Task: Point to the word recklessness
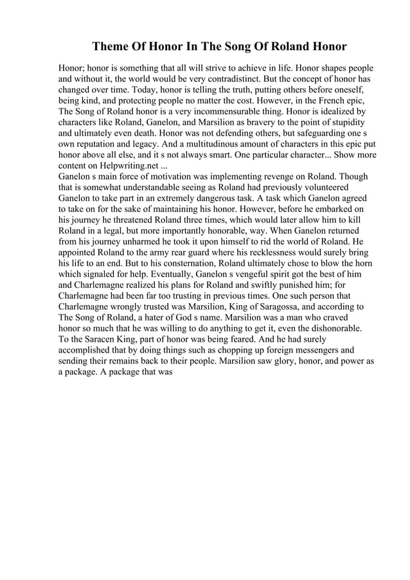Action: [x=266, y=254]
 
